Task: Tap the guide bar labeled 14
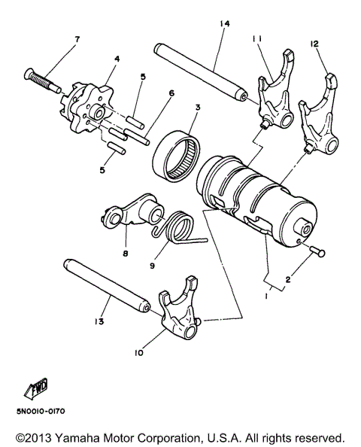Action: [203, 71]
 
